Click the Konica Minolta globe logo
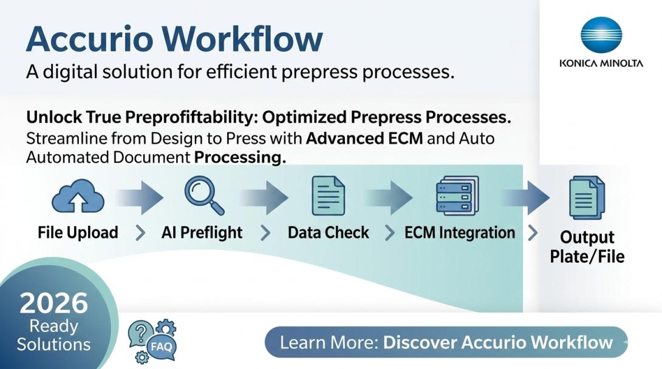click(x=601, y=35)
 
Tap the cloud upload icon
click(x=78, y=196)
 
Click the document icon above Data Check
click(x=328, y=195)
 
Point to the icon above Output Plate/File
click(x=587, y=197)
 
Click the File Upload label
click(x=78, y=232)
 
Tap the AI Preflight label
click(x=202, y=232)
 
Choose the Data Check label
click(x=328, y=232)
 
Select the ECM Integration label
click(x=460, y=232)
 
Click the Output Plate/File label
click(x=587, y=246)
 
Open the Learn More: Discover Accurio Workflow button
click(x=446, y=342)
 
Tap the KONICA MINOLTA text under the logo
click(x=601, y=63)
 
